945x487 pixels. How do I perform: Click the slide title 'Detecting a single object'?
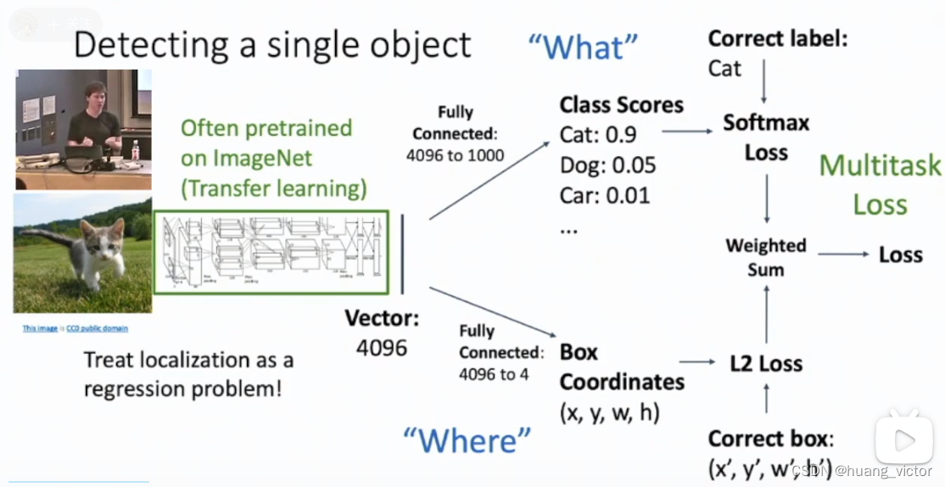[271, 44]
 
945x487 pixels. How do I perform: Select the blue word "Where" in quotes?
[467, 439]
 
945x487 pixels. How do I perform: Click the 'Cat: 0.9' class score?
[598, 134]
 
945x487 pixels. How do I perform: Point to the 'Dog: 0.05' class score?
[607, 165]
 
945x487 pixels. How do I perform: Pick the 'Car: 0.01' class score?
[604, 195]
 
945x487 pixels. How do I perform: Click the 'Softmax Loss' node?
[766, 137]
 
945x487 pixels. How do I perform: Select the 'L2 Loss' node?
[766, 364]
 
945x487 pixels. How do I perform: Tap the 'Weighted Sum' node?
[766, 257]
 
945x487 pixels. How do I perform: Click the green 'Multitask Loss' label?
[880, 184]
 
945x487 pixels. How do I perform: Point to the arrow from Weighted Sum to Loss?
[843, 255]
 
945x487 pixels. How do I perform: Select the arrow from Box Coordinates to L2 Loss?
[697, 362]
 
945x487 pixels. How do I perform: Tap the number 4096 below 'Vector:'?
[382, 347]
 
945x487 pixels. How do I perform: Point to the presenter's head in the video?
[92, 95]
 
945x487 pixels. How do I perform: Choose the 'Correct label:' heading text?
[777, 39]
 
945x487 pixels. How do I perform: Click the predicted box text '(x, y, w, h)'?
[609, 412]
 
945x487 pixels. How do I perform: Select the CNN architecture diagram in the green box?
[271, 252]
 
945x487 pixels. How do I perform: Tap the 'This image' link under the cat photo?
[41, 328]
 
